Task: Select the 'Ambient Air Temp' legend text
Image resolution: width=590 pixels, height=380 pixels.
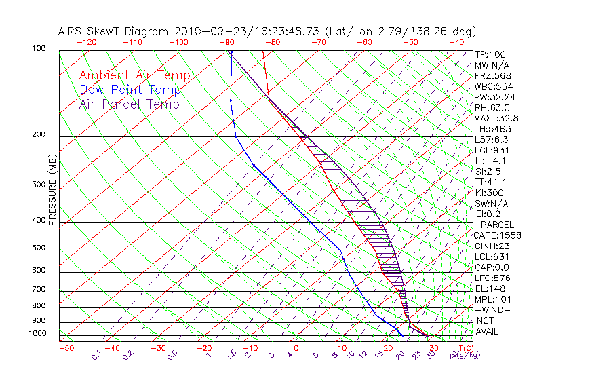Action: click(x=134, y=75)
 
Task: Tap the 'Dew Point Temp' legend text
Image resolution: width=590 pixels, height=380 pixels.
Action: click(x=130, y=90)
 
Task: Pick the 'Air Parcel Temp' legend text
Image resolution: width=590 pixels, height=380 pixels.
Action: click(x=129, y=104)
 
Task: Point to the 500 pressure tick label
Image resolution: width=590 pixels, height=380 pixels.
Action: click(x=39, y=248)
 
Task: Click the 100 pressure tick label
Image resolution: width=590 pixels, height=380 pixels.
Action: click(x=39, y=49)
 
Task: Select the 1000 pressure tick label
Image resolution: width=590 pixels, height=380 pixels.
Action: click(x=37, y=333)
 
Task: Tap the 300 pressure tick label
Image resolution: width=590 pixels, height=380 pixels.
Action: click(x=39, y=185)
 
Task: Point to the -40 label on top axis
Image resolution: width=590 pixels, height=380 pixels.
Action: click(x=456, y=42)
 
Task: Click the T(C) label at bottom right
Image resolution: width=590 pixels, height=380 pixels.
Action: click(x=465, y=348)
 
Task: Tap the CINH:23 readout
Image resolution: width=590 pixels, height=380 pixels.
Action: click(x=492, y=246)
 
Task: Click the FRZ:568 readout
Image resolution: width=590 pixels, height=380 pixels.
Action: click(x=491, y=76)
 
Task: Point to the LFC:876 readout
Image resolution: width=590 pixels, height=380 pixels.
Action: click(x=492, y=278)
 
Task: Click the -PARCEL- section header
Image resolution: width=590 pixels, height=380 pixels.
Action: click(x=497, y=225)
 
